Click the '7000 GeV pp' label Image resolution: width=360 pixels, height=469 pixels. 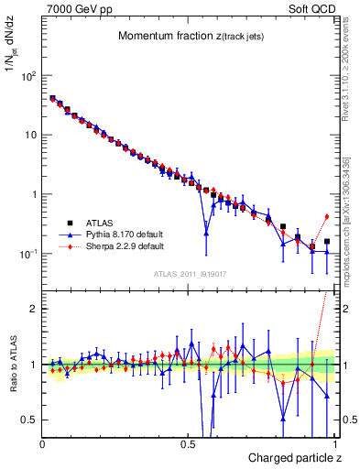(74, 8)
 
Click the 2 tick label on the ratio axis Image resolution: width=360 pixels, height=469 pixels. (33, 309)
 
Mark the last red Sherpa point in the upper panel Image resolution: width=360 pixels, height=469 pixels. (327, 216)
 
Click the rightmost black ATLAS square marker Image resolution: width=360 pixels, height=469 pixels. (327, 242)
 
